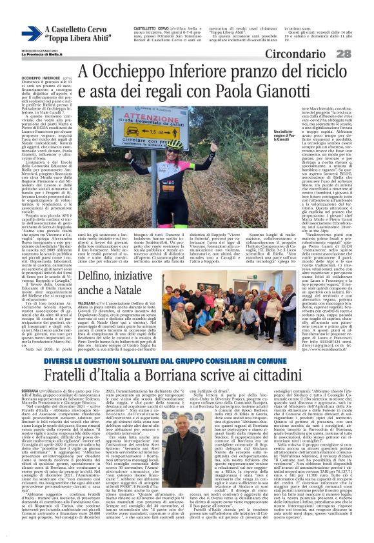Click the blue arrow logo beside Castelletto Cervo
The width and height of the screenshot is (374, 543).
point(30,34)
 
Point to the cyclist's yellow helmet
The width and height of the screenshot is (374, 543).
point(175,143)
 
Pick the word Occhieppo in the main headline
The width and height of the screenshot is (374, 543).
point(117,70)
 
